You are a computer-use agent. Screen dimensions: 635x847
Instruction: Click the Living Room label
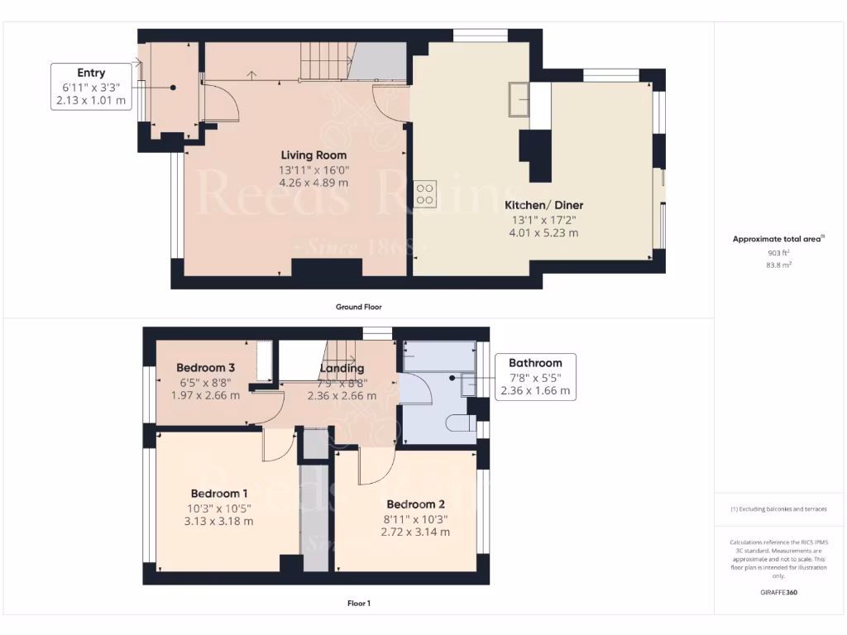313,155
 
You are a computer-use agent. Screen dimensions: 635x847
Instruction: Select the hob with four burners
425,193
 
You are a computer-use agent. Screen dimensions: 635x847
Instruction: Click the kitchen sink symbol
520,100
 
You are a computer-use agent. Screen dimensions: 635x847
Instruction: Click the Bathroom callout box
534,376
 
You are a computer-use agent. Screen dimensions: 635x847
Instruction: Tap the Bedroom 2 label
416,504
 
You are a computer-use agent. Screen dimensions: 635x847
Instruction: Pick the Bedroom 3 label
205,368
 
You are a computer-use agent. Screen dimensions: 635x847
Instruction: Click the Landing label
342,368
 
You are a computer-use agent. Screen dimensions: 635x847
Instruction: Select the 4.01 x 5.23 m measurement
543,233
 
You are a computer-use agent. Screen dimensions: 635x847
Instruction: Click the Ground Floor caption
358,307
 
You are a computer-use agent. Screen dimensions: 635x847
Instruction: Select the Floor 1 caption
358,604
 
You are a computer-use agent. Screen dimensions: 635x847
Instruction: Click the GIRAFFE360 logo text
779,592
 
